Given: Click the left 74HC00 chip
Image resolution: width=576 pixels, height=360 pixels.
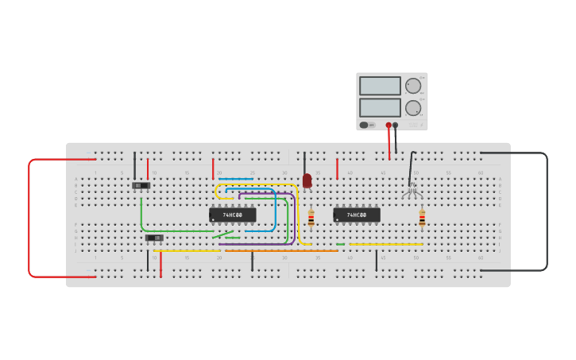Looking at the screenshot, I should coord(232,215).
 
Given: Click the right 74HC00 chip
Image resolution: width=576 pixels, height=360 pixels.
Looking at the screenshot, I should coord(356,215).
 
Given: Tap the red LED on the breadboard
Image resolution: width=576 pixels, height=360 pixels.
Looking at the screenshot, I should coord(307,180).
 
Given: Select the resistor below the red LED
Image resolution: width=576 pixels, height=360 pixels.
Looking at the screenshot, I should coord(311,217).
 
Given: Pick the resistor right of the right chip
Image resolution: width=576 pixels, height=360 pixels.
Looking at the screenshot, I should coord(422,217).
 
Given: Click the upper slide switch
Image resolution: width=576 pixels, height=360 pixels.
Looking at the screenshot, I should coord(141,186).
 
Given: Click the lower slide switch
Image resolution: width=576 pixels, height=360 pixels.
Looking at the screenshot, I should coord(154,238).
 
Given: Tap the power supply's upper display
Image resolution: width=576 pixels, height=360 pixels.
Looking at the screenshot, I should coord(380,86).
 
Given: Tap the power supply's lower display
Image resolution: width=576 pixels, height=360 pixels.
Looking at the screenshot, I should coord(380,107).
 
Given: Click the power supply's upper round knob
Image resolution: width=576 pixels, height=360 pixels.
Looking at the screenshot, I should coord(413,86).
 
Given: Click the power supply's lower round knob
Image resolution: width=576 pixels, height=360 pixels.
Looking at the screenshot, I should coord(413,107).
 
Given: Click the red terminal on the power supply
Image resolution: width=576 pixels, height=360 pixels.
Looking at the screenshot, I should coord(389,125).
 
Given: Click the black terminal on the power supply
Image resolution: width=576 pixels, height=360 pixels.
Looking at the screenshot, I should coord(396,125).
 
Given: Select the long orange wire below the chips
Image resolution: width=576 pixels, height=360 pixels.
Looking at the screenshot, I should coord(278,250).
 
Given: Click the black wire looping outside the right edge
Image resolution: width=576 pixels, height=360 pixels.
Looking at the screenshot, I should coord(547,211).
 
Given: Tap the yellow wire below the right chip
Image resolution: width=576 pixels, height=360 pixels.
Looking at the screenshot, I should coord(385,244).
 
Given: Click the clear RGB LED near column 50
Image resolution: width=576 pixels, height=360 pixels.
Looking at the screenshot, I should coord(411,189).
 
